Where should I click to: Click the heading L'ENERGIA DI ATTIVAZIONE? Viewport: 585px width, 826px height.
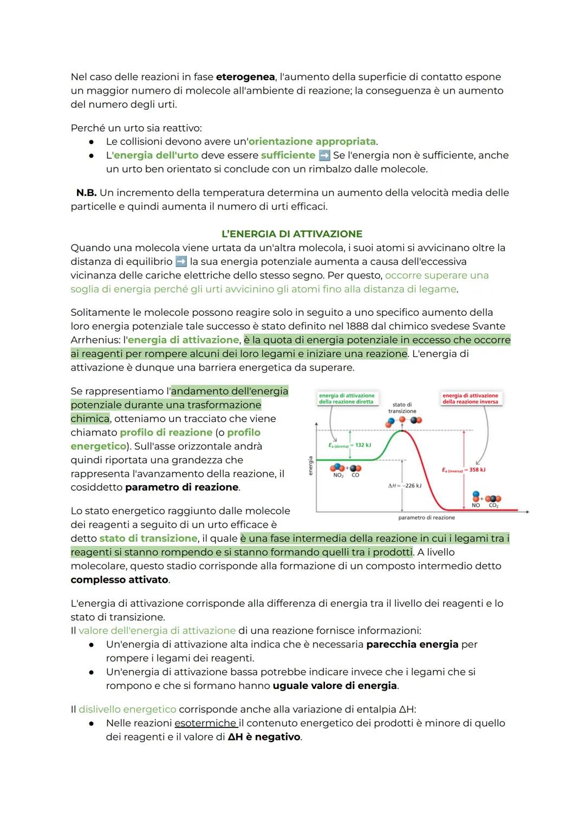pos(292,234)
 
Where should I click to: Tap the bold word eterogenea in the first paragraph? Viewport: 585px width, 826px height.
pos(245,77)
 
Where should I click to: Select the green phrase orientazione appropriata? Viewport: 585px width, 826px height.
pos(312,141)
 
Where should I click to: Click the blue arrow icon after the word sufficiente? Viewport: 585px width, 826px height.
pos(324,155)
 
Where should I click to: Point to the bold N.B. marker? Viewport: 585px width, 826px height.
pos(86,193)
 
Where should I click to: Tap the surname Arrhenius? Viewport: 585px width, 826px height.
pos(95,340)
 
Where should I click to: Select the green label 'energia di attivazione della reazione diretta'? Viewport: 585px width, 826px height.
pos(347,399)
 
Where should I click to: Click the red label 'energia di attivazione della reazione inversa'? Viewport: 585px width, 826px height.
pos(470,399)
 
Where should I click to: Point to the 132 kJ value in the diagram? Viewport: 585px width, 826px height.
pos(362,445)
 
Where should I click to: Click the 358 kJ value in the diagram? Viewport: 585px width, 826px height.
pos(477,470)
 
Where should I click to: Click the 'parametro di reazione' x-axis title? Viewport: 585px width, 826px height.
pos(426,518)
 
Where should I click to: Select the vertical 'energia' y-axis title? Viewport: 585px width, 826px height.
pos(310,465)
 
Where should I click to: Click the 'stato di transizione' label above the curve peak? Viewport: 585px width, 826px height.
pos(402,408)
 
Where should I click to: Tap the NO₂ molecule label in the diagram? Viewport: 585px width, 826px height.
pos(338,475)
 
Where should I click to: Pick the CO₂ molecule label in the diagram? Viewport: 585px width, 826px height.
pos(493,505)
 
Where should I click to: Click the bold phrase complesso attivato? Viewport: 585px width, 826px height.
pos(119,580)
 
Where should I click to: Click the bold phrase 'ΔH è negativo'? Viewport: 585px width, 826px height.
pos(264,737)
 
